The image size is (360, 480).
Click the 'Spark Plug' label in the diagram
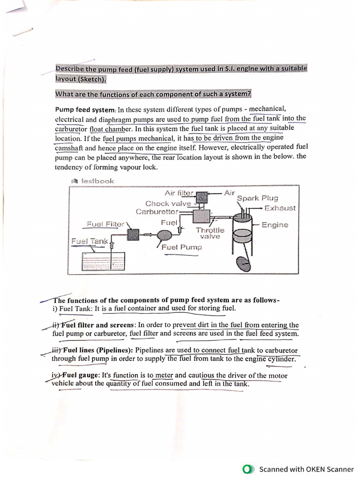(257, 198)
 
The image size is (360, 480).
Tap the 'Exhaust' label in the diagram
(280, 208)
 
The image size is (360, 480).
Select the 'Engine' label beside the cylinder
(275, 225)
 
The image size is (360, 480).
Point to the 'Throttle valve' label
(210, 233)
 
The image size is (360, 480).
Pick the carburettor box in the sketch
(202, 217)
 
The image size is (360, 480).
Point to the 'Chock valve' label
(168, 203)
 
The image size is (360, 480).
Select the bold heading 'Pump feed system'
(85, 110)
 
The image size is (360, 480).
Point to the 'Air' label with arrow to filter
(229, 193)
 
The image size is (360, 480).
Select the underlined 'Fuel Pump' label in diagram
(181, 247)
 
